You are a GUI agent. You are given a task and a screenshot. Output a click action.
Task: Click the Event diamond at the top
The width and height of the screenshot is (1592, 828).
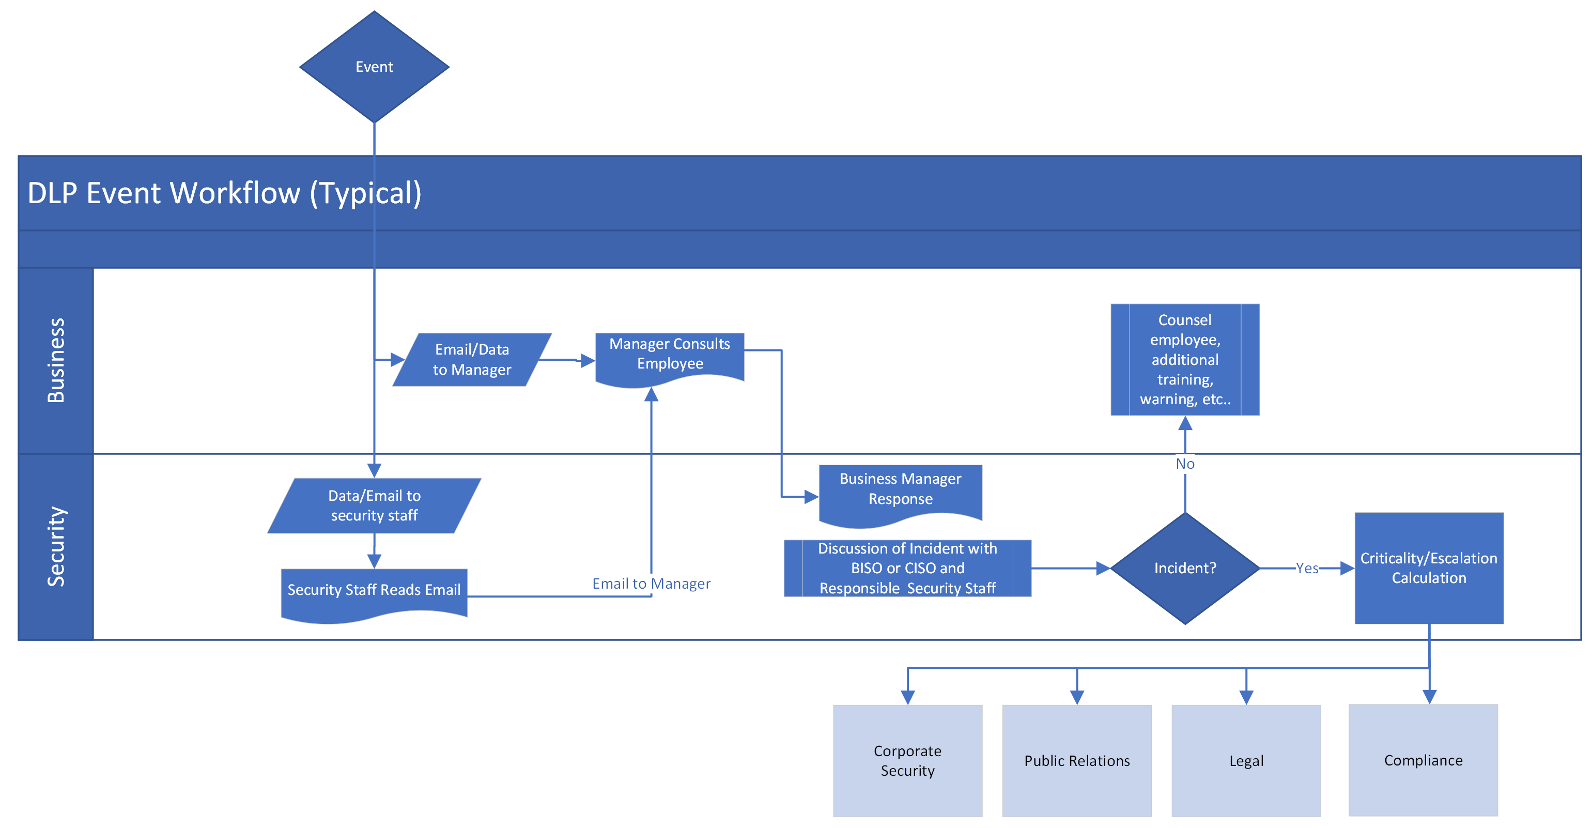374,67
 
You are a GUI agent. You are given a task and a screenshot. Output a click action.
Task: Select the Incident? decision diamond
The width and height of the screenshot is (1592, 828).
1185,568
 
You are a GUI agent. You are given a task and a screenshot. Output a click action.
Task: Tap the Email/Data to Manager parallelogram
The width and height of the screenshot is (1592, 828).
472,359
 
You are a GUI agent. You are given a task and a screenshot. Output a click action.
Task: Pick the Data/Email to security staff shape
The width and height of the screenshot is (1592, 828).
375,505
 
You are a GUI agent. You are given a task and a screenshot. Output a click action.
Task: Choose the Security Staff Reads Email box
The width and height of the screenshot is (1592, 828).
374,591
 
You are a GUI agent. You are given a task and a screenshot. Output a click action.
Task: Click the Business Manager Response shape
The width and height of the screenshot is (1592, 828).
901,490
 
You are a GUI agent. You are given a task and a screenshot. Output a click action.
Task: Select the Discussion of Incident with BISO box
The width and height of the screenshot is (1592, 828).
907,568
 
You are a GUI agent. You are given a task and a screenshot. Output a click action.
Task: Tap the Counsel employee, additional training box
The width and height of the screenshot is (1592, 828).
1185,359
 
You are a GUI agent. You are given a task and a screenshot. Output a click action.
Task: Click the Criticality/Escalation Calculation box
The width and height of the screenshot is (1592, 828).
1429,568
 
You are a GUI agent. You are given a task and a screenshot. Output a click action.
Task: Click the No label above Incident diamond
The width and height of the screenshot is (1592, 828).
1185,464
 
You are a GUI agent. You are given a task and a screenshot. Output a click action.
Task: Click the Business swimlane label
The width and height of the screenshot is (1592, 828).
56,361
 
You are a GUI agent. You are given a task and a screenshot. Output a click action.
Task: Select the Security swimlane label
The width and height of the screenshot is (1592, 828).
56,547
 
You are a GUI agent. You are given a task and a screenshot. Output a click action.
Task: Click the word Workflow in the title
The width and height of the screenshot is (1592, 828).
235,193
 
